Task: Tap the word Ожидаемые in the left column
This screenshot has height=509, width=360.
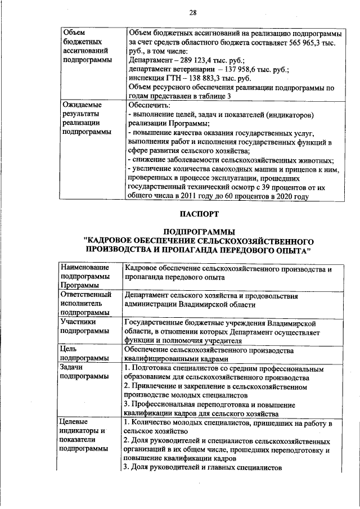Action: coord(82,105)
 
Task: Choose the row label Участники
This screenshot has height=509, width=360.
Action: coord(79,322)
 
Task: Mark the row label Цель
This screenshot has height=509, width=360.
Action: coord(70,349)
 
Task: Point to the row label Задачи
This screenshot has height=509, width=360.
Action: coord(74,367)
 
